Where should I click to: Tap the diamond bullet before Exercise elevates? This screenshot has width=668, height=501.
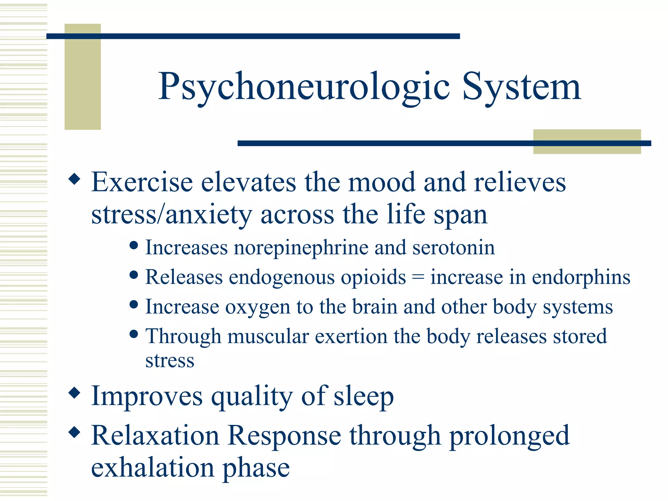(x=75, y=179)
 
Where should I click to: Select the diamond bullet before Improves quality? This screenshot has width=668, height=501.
(x=75, y=392)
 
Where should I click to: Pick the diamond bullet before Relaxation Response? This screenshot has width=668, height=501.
(x=75, y=432)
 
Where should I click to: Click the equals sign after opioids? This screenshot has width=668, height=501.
(x=418, y=278)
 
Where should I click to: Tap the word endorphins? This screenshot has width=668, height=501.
(x=581, y=277)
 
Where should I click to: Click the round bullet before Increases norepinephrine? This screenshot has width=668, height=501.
(x=133, y=245)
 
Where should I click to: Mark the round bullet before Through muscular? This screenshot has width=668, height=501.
(x=133, y=334)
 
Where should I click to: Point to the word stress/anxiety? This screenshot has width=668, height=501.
(x=172, y=215)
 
